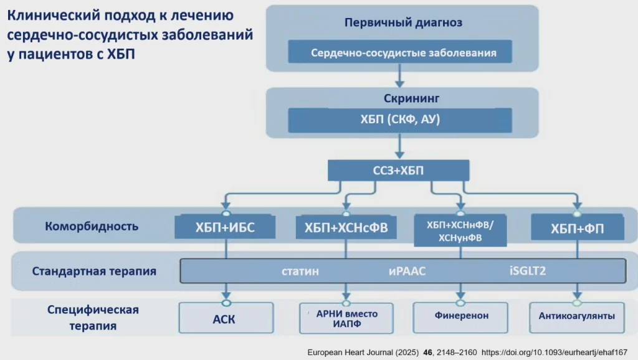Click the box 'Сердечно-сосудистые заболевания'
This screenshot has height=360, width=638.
(x=400, y=52)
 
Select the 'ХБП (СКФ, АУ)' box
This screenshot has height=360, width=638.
(x=400, y=120)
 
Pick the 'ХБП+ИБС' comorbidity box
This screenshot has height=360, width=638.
(x=226, y=227)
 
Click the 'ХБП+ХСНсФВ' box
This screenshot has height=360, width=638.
(x=346, y=228)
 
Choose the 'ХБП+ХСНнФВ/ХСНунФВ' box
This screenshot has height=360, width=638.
(x=460, y=230)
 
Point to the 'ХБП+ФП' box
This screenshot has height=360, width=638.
(x=577, y=228)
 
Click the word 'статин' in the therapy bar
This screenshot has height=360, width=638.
(x=300, y=272)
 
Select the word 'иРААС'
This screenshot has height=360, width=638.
(x=407, y=272)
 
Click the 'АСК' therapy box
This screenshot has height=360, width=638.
(x=226, y=318)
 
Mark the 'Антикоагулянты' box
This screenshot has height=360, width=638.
(x=577, y=316)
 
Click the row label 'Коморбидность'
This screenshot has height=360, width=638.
(x=92, y=226)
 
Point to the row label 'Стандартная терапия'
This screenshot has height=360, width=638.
(x=94, y=272)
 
